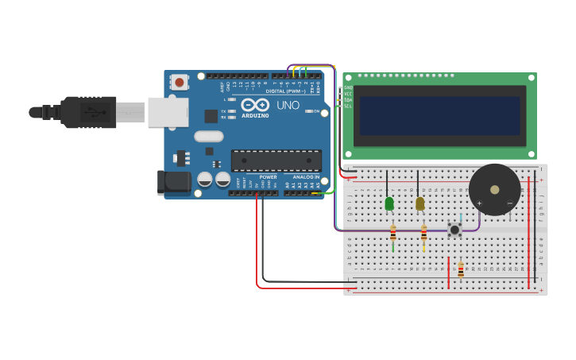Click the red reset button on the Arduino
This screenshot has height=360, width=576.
click(180, 82)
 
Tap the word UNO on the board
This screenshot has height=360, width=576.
click(288, 105)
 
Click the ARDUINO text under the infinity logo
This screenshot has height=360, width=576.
click(255, 116)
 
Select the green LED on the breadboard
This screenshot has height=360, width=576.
click(389, 203)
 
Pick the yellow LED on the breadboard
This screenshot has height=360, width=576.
click(420, 203)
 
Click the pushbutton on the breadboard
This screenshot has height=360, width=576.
click(454, 230)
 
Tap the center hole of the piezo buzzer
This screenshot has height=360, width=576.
click(495, 190)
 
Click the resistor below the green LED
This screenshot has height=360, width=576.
click(393, 234)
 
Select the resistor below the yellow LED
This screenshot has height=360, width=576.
click(424, 234)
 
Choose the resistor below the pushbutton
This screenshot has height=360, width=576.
click(461, 271)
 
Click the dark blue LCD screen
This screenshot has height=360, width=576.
click(439, 116)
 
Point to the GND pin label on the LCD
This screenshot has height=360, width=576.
click(348, 87)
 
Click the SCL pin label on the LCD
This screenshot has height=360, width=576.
click(348, 106)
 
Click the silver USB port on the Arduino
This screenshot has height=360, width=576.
click(168, 112)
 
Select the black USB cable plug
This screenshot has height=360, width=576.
click(87, 112)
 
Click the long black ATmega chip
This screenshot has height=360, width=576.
click(276, 161)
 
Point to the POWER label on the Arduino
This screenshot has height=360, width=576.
click(269, 177)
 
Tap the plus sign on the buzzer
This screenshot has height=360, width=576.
click(479, 203)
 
